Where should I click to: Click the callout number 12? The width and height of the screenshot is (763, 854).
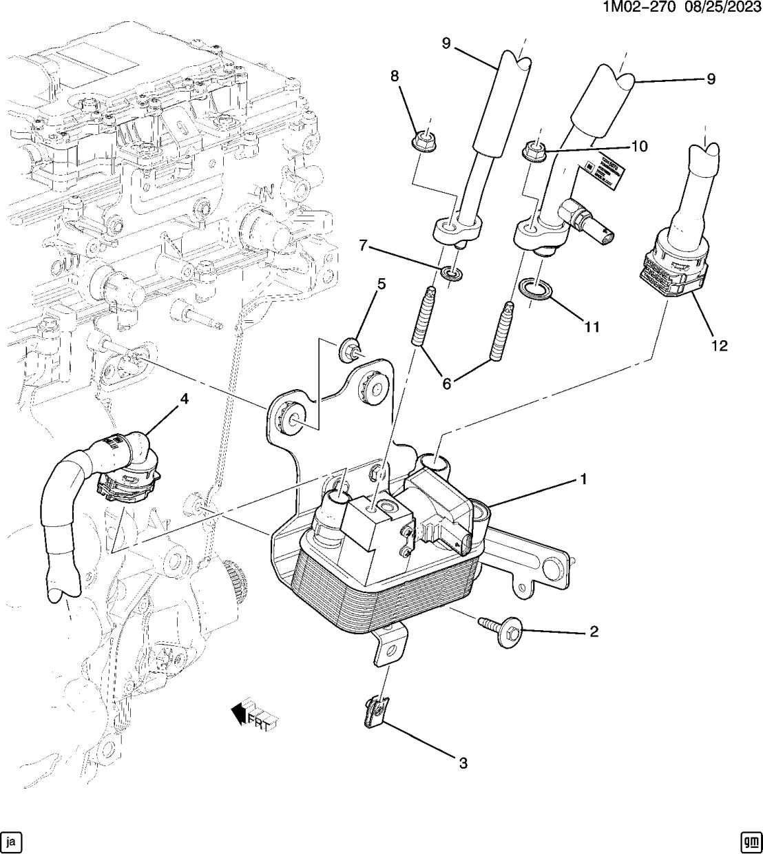[719, 346]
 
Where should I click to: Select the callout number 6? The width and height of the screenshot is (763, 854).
[446, 384]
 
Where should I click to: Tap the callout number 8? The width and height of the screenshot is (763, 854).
[395, 76]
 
